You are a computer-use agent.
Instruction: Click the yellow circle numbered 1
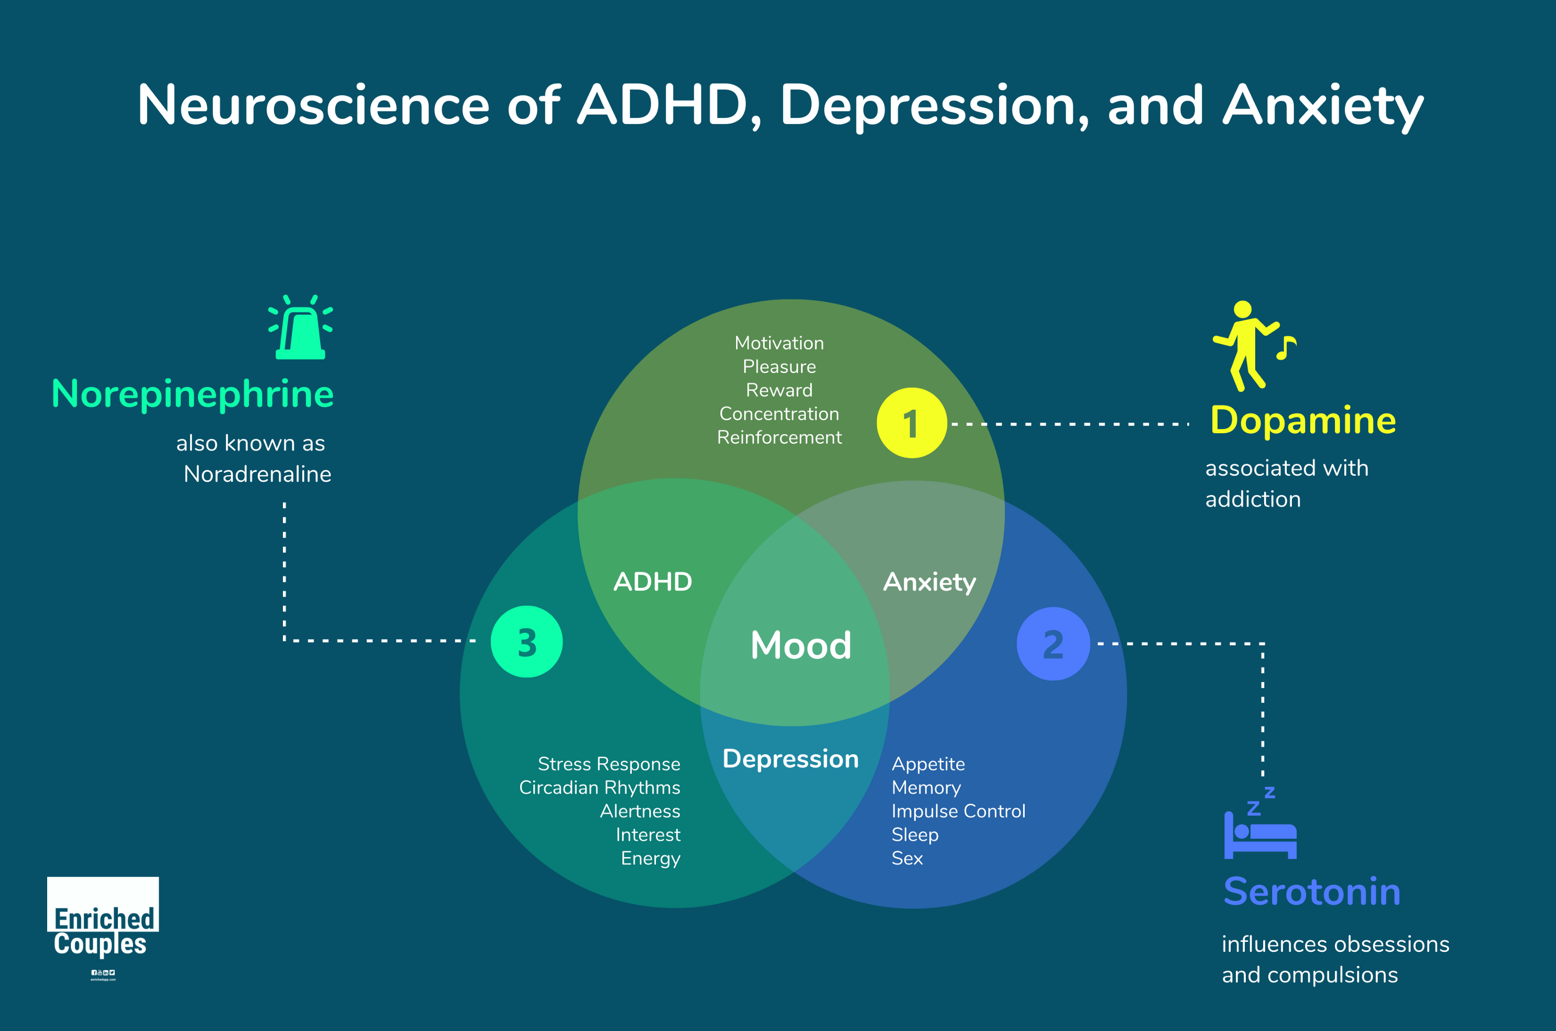click(x=911, y=423)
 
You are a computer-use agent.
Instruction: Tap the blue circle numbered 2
click(x=1053, y=644)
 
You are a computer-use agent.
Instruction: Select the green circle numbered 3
click(x=527, y=642)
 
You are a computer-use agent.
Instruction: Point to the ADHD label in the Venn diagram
click(x=653, y=582)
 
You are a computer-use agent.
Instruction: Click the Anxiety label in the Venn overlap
click(x=929, y=582)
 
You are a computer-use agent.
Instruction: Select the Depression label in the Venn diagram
click(x=790, y=759)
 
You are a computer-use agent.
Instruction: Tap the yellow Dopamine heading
click(x=1303, y=420)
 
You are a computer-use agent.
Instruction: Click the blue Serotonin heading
click(x=1311, y=892)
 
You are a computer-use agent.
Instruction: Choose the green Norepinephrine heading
click(x=193, y=394)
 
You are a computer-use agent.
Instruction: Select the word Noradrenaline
click(x=257, y=474)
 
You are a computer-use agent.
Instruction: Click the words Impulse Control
click(x=958, y=811)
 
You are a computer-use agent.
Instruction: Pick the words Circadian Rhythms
click(x=599, y=788)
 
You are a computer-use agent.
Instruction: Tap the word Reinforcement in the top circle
click(x=779, y=437)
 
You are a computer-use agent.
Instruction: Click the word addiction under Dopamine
click(x=1252, y=500)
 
